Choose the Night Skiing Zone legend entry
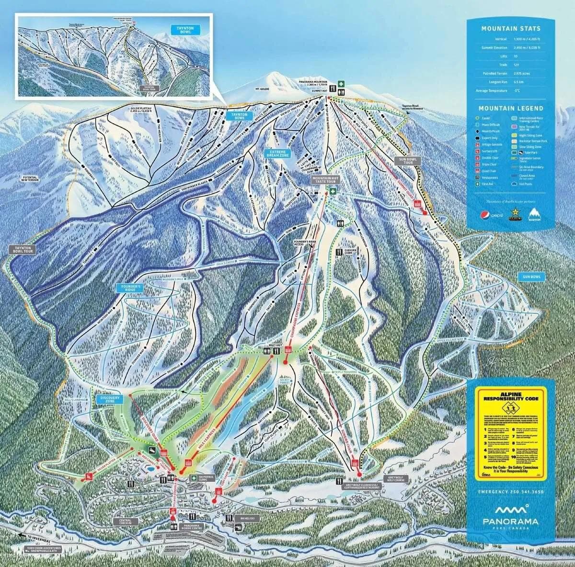click(x=527, y=135)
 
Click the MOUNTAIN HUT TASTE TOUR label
click(x=325, y=179)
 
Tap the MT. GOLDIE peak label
click(x=263, y=89)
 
